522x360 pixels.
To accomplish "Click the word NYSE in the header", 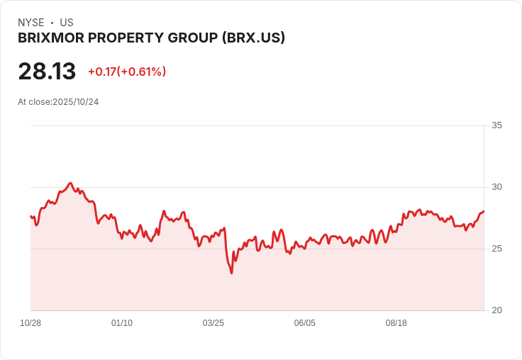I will pyautogui.click(x=30, y=23).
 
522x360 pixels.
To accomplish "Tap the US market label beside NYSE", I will pyautogui.click(x=67, y=23).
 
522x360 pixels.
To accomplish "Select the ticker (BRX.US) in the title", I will pyautogui.click(x=253, y=38).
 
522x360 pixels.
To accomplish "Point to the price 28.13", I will pyautogui.click(x=47, y=72).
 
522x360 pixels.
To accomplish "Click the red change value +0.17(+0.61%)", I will pyautogui.click(x=127, y=72).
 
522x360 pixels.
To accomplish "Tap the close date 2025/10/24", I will pyautogui.click(x=76, y=102).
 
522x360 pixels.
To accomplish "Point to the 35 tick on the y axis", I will pyautogui.click(x=496, y=125).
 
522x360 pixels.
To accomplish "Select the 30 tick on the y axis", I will pyautogui.click(x=496, y=187).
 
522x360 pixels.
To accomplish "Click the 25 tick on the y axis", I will pyautogui.click(x=496, y=249).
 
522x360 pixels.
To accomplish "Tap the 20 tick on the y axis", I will pyautogui.click(x=496, y=310).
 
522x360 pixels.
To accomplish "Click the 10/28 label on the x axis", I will pyautogui.click(x=30, y=323).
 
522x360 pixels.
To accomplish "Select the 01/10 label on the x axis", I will pyautogui.click(x=122, y=323).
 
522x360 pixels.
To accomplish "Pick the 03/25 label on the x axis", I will pyautogui.click(x=213, y=323).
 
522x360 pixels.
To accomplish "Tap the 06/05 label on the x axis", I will pyautogui.click(x=305, y=323).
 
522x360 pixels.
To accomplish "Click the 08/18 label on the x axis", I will pyautogui.click(x=396, y=323).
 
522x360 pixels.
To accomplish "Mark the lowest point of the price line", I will pyautogui.click(x=231, y=273).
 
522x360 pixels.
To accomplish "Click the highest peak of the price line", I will pyautogui.click(x=70, y=183).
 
